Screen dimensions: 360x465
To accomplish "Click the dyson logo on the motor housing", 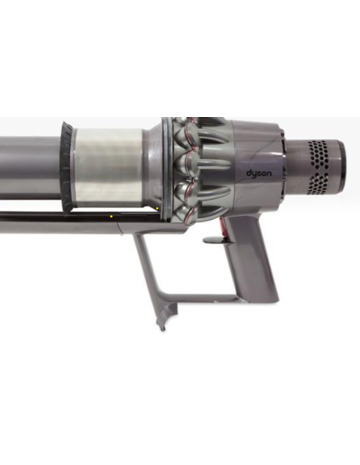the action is [259, 174].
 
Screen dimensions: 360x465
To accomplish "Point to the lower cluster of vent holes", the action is [319, 183].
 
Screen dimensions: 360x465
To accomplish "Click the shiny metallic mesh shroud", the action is [109, 167].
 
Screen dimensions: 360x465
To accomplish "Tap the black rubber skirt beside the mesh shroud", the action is [67, 166].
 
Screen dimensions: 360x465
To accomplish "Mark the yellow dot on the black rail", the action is [112, 217].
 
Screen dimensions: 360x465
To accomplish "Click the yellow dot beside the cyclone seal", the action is [157, 209].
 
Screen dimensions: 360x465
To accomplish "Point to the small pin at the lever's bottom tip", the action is [162, 328].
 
